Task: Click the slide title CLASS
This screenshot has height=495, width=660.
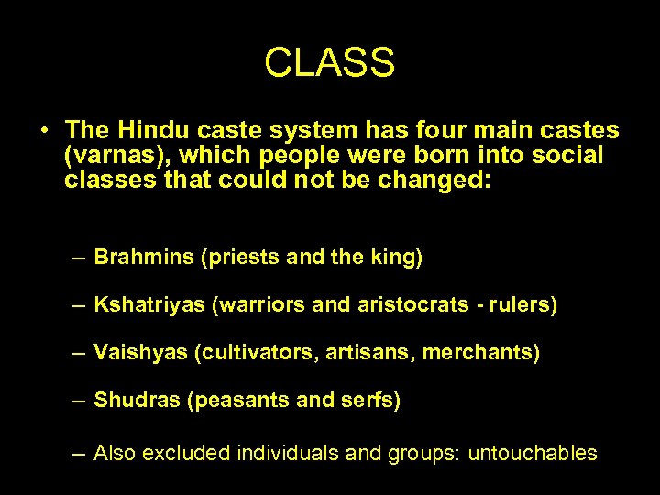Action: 329,63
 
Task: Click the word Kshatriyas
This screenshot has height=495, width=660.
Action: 149,305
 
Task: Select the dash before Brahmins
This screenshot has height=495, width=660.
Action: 82,258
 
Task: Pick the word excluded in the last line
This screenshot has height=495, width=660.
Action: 192,453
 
